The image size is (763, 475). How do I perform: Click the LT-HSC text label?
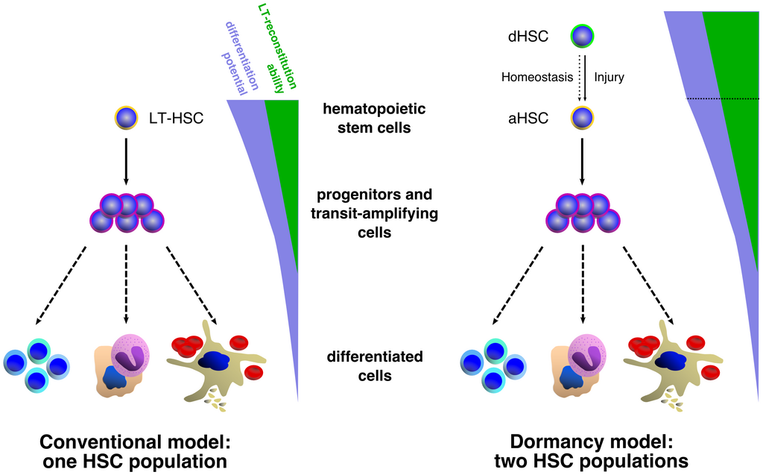[x=176, y=119]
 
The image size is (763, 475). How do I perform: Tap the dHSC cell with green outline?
[x=583, y=37]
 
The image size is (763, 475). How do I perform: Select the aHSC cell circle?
[x=583, y=118]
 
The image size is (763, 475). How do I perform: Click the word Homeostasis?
[x=537, y=77]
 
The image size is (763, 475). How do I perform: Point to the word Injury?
[x=610, y=78]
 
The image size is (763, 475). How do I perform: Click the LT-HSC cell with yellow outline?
[x=127, y=119]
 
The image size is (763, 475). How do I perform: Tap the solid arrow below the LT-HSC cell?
[x=127, y=162]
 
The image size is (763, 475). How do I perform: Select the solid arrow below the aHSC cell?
[x=583, y=162]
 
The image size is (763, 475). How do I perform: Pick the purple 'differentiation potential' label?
[x=240, y=57]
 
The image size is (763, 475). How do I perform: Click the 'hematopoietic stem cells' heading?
[x=374, y=118]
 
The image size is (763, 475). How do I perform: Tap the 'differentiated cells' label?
[x=375, y=366]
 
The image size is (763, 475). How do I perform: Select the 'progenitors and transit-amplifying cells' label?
[x=375, y=213]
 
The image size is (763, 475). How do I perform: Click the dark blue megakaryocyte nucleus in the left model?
[x=213, y=361]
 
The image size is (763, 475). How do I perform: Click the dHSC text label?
[x=528, y=37]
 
